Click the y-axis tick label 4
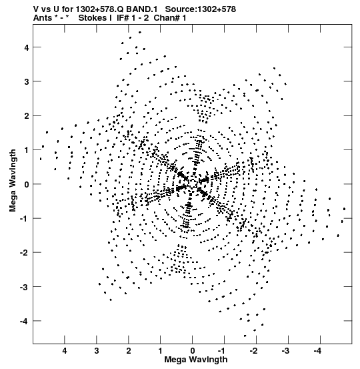pos(27,47)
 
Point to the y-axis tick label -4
pos(24,321)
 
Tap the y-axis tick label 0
pos(27,184)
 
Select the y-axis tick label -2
pos(24,253)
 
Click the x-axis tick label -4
pos(318,351)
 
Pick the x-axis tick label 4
pos(65,351)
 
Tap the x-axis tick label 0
pos(193,351)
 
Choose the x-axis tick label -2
pos(254,351)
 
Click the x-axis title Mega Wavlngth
pos(196,360)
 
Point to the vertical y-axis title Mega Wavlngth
pos(13,181)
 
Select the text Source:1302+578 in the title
pos(201,9)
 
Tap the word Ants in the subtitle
pos(43,18)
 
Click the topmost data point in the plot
pos(140,32)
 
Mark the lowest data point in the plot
pos(245,336)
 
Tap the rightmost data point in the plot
pos(344,209)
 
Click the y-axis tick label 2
pos(27,116)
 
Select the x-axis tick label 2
pos(129,351)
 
